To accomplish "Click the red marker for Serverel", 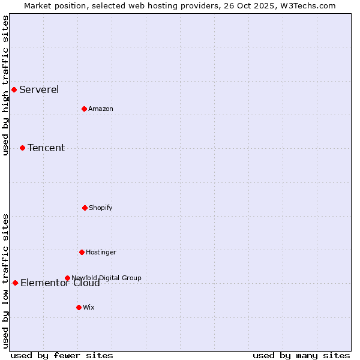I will tap(14, 90).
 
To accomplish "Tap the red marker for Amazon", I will tap(84, 109).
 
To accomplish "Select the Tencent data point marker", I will tap(22, 148).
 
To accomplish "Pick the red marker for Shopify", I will tap(85, 208).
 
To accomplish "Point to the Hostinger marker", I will tap(82, 252).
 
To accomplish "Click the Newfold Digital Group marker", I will tap(67, 278).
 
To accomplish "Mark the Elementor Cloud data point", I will tap(15, 283).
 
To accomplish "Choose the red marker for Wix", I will tap(79, 307).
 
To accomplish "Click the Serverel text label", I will tap(39, 90).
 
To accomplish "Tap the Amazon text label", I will tap(101, 109).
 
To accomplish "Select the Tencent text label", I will tap(46, 148).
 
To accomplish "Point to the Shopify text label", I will tap(101, 208).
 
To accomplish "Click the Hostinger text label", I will tap(101, 253).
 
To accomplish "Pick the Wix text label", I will tap(89, 308).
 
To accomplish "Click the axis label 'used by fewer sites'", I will tap(62, 355).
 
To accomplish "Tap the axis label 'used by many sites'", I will tap(301, 355).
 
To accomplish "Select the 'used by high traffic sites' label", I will tap(6, 85).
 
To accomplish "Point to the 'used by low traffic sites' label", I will tap(6, 281).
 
